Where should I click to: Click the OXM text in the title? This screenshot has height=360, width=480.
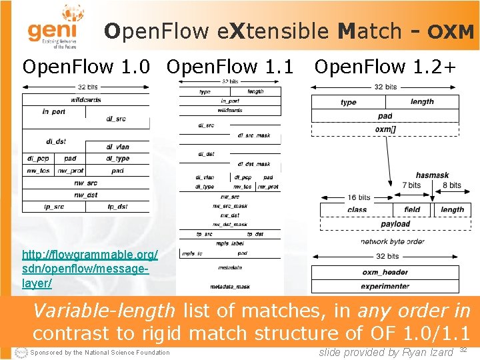(x=451, y=32)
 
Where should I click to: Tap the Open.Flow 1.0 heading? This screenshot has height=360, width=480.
(x=89, y=67)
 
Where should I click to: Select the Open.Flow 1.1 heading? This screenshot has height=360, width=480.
(x=230, y=67)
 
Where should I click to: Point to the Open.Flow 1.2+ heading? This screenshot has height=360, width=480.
(x=385, y=67)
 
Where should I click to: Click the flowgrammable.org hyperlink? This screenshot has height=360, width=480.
(x=90, y=269)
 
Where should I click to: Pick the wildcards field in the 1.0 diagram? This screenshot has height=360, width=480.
(x=85, y=100)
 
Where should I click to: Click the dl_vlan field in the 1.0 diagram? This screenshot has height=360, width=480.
(x=117, y=147)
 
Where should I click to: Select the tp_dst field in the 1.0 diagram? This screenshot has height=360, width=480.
(x=117, y=207)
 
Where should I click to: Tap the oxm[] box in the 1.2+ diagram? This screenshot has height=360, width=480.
(x=385, y=129)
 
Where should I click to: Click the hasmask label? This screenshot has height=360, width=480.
(x=432, y=175)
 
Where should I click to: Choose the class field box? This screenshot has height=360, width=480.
(x=357, y=209)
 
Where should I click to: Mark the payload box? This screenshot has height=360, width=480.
(x=395, y=224)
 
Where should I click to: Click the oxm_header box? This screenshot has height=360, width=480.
(x=385, y=272)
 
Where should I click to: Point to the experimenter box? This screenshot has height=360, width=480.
(x=385, y=286)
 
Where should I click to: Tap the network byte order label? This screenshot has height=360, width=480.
(x=392, y=241)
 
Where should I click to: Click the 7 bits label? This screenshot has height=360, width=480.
(x=411, y=185)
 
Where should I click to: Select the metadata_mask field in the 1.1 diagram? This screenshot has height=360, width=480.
(x=230, y=287)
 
